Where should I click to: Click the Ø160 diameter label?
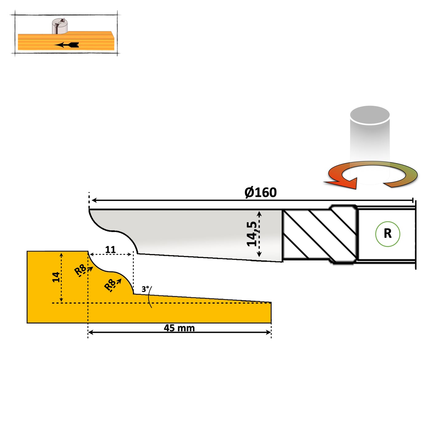pos(261,193)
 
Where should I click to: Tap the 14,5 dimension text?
pos(252,234)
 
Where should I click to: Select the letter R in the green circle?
pos(387,234)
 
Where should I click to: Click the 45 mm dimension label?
pos(179,328)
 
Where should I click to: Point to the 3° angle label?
pos(145,289)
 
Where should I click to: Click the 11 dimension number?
pos(110,250)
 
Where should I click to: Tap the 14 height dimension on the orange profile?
pos(56,277)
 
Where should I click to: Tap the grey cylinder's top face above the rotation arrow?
pos(370,115)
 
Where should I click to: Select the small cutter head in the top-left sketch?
pos(60,26)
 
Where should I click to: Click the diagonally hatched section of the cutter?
pos(320,235)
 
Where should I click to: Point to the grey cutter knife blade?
pos(191,234)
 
